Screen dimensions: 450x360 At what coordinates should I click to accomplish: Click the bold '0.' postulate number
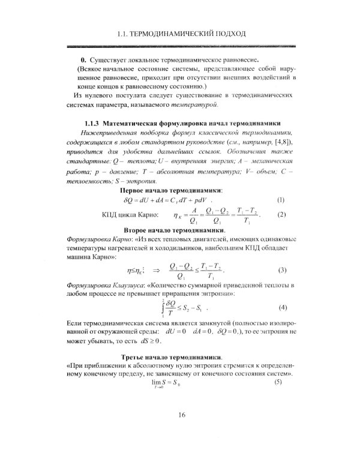84,61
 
